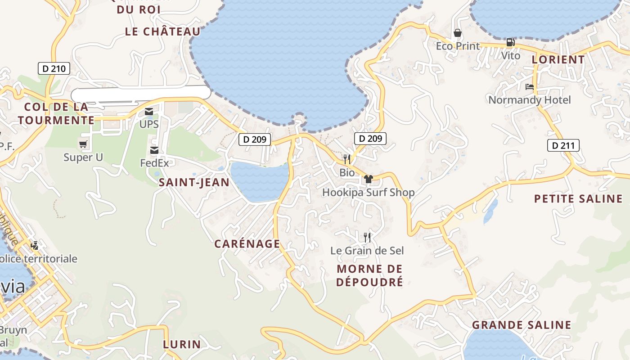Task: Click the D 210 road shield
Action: (x=54, y=69)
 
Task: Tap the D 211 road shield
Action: (x=563, y=145)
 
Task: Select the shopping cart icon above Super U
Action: (x=83, y=144)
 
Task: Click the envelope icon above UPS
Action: (x=149, y=112)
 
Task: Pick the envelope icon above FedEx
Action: (x=154, y=150)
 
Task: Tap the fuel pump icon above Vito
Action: (x=511, y=43)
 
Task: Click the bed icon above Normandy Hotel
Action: (x=530, y=87)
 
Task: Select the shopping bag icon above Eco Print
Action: (x=458, y=33)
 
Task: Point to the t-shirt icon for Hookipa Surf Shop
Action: (x=369, y=179)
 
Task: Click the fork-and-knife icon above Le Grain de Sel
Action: (x=367, y=237)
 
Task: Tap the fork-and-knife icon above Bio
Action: (x=347, y=159)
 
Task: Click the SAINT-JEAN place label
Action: (x=194, y=182)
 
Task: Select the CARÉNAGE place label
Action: (x=247, y=244)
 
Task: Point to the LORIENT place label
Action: (x=558, y=59)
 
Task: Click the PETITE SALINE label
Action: (x=578, y=199)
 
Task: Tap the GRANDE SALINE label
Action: (x=522, y=325)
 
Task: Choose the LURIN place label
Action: (x=182, y=345)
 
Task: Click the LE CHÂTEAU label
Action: (x=162, y=31)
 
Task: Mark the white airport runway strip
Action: (x=141, y=93)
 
